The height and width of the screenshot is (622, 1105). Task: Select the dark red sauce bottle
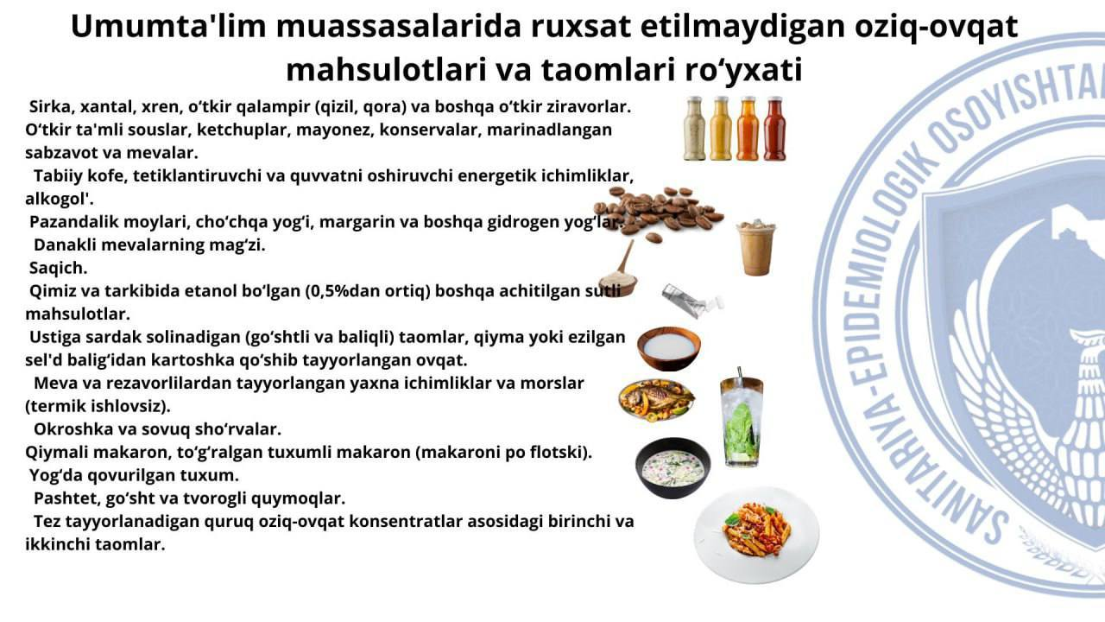point(774,129)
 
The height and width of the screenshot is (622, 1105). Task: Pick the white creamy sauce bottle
point(695,129)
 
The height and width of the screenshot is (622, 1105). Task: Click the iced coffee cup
point(755,248)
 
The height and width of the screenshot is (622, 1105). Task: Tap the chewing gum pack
point(691,300)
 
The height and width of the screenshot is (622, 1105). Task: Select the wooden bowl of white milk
point(669,348)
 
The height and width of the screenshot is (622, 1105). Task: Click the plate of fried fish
point(657,400)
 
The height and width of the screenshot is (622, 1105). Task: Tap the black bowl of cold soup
point(672,467)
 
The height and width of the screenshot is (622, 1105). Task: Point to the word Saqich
point(58,268)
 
